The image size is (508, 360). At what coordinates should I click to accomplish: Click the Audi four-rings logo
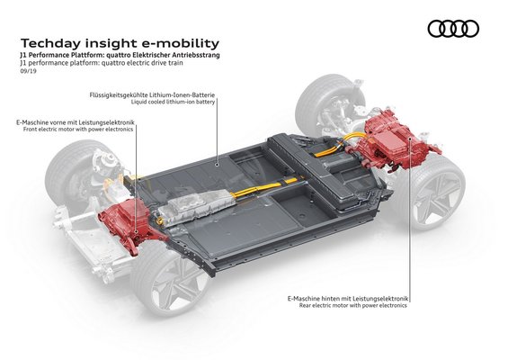(453, 29)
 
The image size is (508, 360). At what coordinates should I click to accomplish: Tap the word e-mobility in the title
(181, 43)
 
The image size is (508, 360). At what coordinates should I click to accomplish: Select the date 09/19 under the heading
(28, 71)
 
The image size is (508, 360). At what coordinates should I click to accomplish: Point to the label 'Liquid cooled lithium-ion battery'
(173, 102)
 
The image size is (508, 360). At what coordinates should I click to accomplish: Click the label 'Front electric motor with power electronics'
(78, 129)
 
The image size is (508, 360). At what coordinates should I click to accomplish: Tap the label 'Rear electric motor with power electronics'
(353, 305)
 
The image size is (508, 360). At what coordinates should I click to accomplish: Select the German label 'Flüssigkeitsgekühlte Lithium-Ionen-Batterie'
(152, 95)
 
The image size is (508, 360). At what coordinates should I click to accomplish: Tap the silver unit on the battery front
(194, 208)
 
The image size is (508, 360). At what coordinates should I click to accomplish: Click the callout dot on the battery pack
(218, 165)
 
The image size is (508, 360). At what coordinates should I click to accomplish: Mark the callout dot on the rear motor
(410, 139)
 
